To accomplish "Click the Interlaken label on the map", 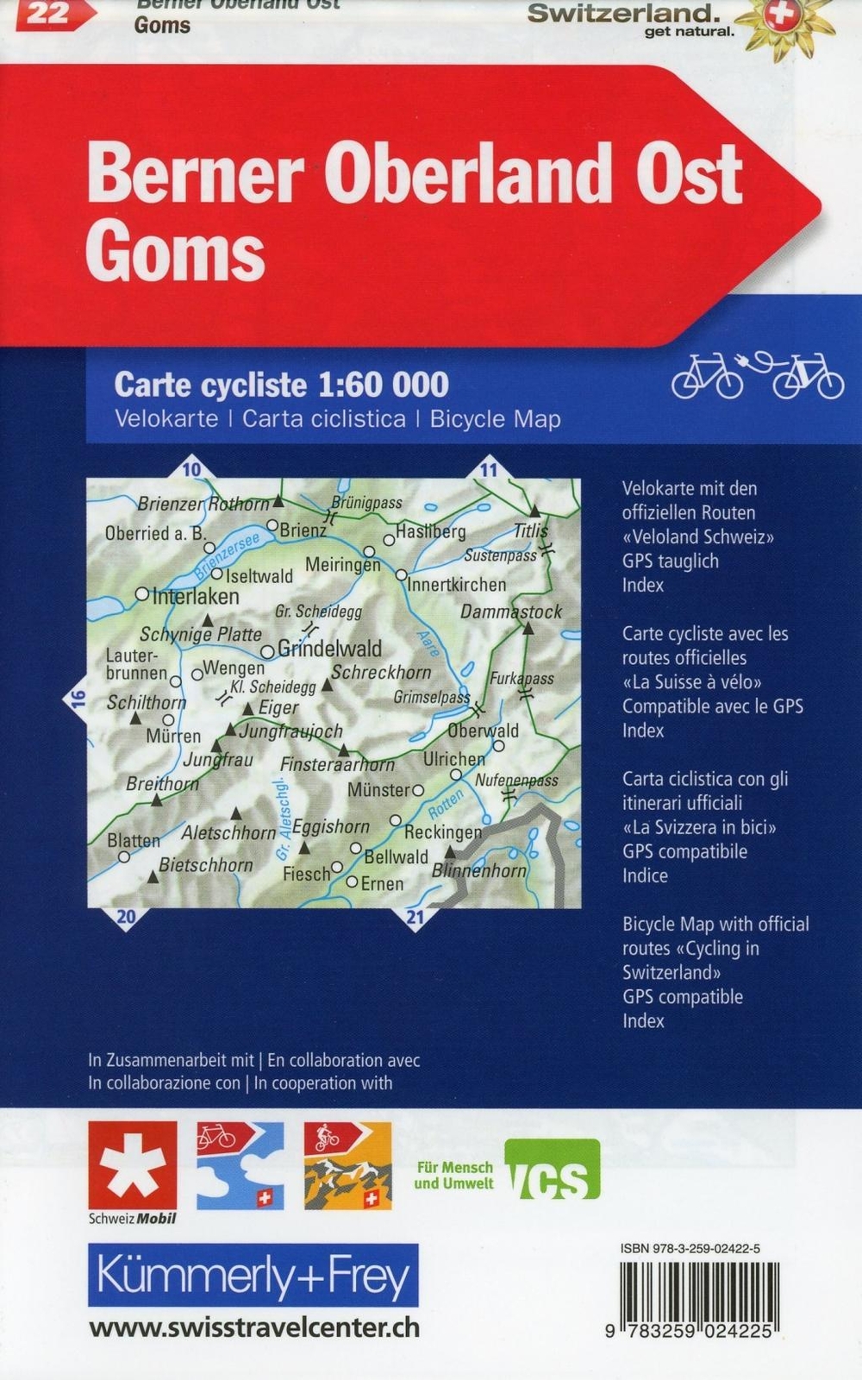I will [196, 597].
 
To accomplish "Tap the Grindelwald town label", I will [329, 649].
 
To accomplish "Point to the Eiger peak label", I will [278, 708].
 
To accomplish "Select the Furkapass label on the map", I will [522, 679].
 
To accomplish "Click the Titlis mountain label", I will [530, 531].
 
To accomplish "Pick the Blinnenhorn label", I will [479, 871].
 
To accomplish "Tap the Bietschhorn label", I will [206, 865].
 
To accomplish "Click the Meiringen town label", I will [342, 565].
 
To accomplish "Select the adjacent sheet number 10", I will [191, 470].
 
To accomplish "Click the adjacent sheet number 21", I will [415, 917].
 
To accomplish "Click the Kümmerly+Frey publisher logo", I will [253, 1276].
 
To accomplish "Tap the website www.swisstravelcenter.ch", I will [254, 1327].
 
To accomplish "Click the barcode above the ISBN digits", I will [699, 1289].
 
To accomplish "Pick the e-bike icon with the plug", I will [807, 377].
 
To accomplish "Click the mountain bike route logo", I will [347, 1165].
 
